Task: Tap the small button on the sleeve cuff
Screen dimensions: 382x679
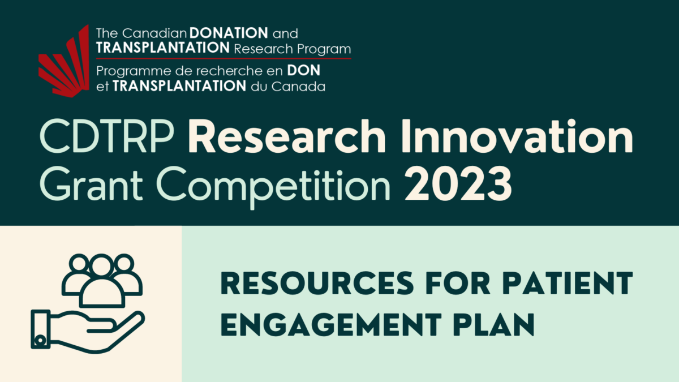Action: (40, 340)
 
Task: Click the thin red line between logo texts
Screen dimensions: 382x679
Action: (224, 58)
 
